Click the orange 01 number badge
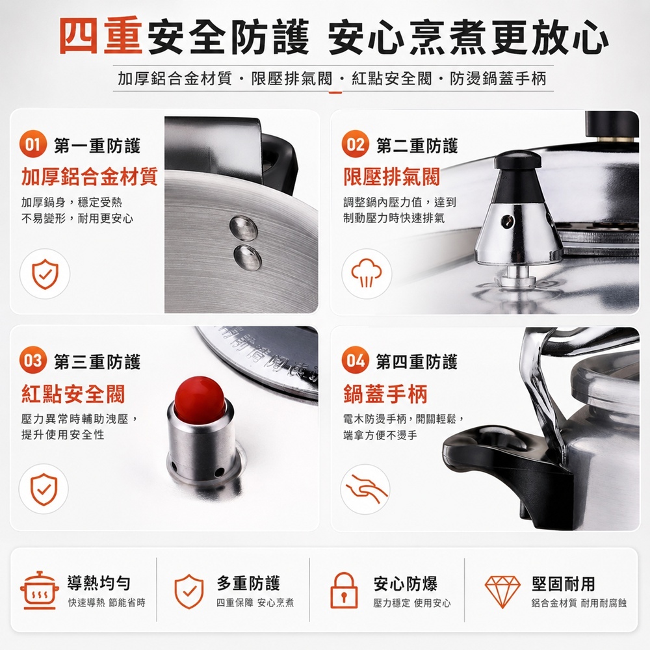(x=32, y=144)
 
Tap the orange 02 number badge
(x=356, y=144)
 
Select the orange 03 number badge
(x=32, y=360)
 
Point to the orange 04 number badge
(x=356, y=360)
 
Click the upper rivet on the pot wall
(x=243, y=227)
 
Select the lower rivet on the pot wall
(x=248, y=257)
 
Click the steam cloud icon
(x=367, y=273)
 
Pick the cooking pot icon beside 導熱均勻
(x=38, y=590)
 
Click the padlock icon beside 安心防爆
(x=344, y=590)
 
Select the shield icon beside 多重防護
(x=188, y=591)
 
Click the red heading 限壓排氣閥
(x=392, y=177)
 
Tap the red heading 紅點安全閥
(x=73, y=393)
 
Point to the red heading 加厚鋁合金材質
(x=90, y=177)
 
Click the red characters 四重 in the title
(x=101, y=36)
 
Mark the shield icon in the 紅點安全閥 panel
(x=44, y=489)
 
